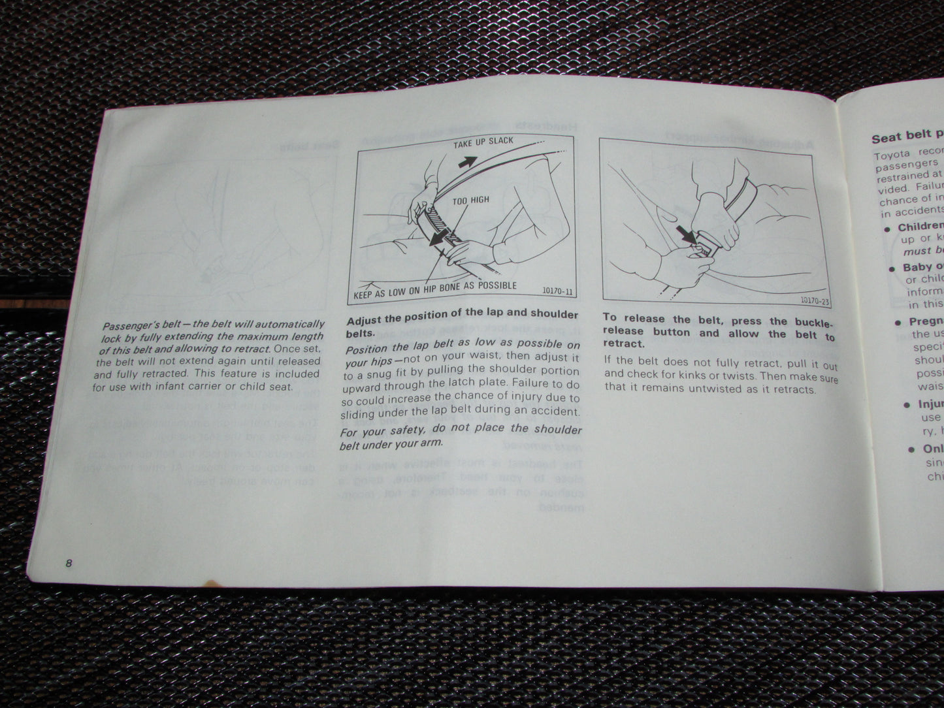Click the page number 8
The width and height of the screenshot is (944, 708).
pos(68,564)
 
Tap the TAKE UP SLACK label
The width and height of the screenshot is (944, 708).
pos(483,142)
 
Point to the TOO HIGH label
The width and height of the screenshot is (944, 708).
pos(470,201)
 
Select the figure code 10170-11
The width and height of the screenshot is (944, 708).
pos(557,292)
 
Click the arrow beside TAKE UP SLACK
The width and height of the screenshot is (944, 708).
pos(467,161)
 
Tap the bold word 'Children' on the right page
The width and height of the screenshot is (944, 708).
pos(920,227)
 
